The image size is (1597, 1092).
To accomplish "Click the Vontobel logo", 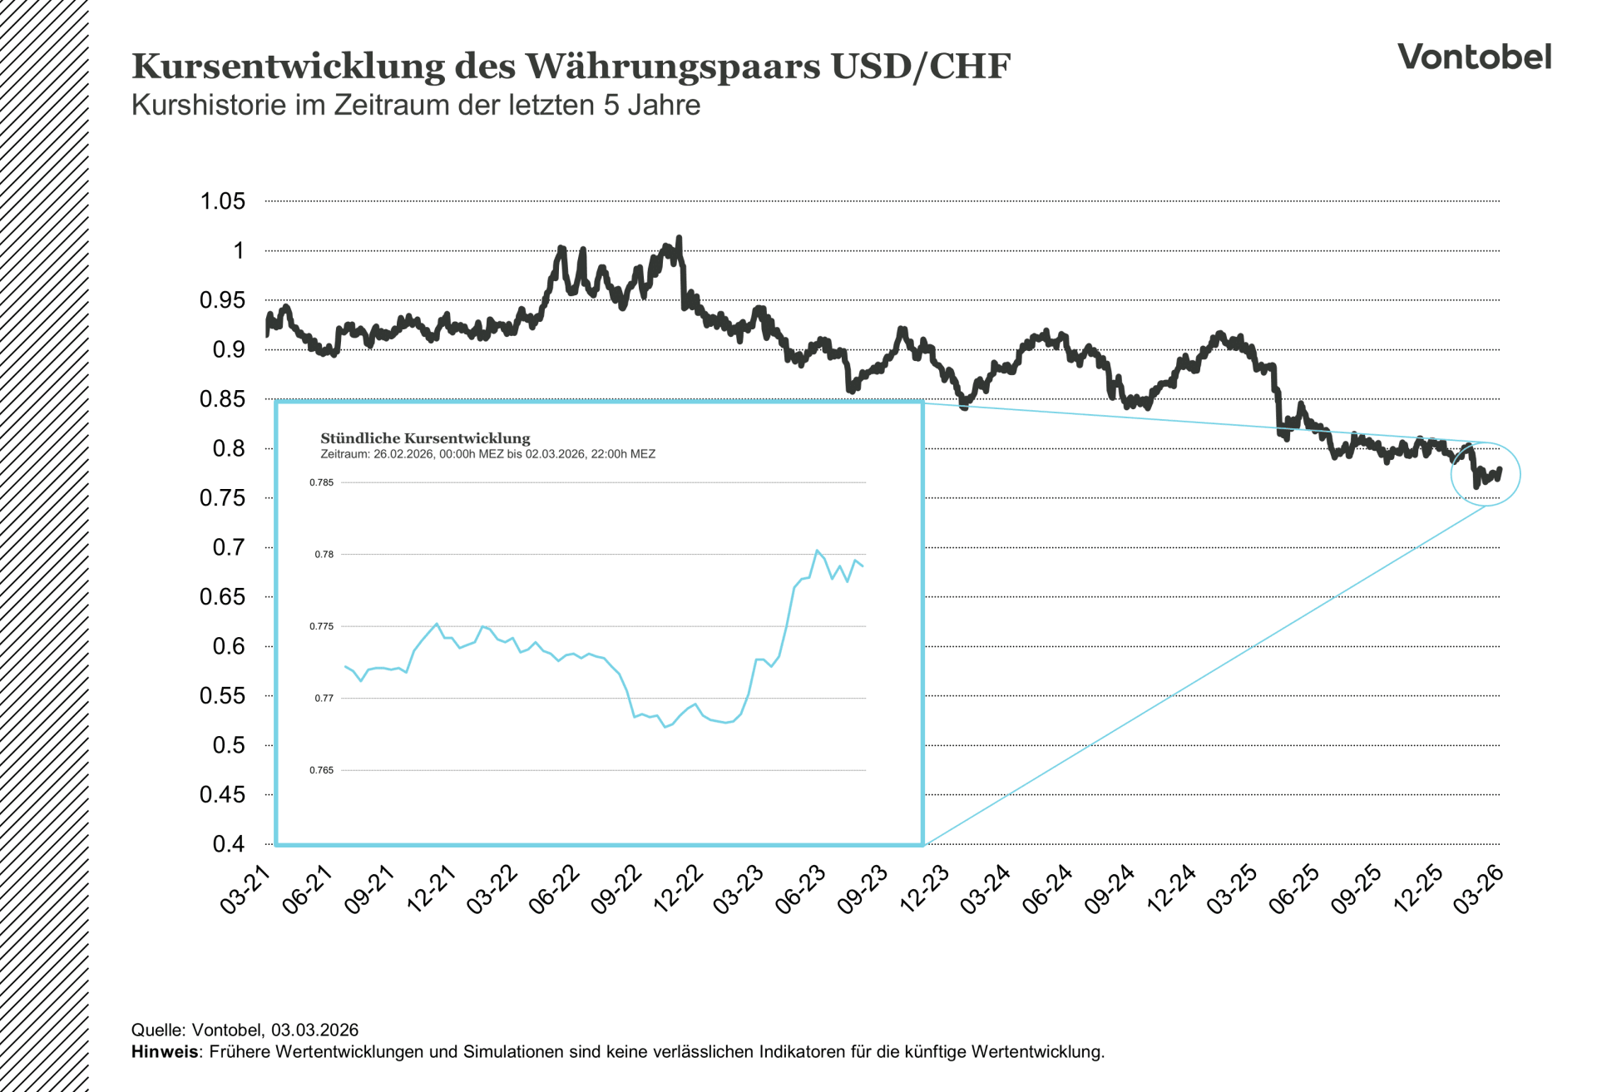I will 1474,57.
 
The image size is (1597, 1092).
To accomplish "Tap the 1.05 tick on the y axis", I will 222,201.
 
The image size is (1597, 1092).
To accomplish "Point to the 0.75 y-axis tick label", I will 222,498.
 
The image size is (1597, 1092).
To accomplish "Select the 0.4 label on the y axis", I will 229,844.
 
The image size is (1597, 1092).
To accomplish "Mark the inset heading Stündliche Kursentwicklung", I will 425,438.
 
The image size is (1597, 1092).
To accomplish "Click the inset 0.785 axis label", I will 322,482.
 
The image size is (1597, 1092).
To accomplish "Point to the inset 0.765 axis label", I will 322,770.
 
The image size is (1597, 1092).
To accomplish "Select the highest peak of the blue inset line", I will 817,551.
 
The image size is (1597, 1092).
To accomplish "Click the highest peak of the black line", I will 680,239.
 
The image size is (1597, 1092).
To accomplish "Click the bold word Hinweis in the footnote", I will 165,1052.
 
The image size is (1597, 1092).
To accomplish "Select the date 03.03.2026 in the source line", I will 314,1030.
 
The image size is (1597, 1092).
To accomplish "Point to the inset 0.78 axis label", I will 324,555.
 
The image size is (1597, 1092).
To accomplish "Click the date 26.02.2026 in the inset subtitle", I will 403,454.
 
